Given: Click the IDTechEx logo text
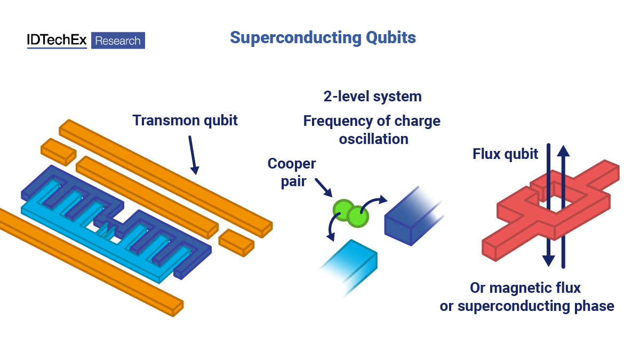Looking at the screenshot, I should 57,41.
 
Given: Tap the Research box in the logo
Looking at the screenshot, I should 118,41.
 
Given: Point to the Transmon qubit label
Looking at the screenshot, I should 185,120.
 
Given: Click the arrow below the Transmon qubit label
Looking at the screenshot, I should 193,155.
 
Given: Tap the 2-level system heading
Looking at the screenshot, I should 372,97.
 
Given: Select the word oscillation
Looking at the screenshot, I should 372,139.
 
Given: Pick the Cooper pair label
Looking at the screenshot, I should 292,172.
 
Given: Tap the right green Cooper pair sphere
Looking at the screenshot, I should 358,215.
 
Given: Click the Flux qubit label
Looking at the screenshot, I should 505,154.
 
